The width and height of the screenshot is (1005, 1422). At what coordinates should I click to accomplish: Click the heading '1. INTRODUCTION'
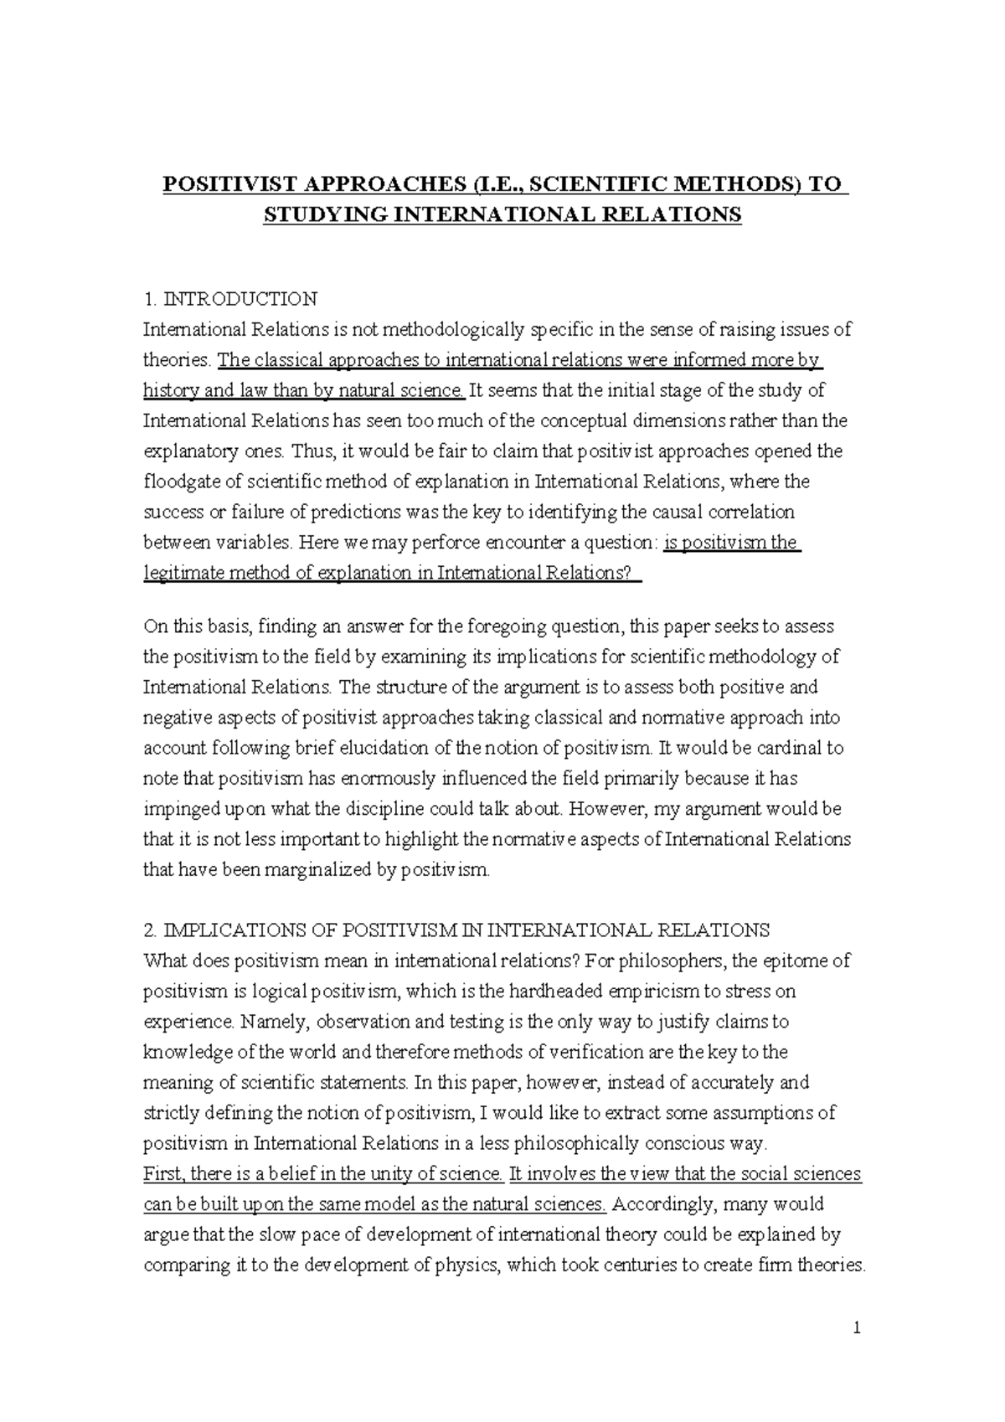(x=230, y=299)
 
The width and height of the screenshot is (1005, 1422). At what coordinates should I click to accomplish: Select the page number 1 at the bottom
(x=858, y=1329)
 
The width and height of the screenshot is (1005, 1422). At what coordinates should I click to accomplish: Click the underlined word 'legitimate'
(x=183, y=574)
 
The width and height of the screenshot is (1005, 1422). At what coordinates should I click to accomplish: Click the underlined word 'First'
(x=162, y=1174)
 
